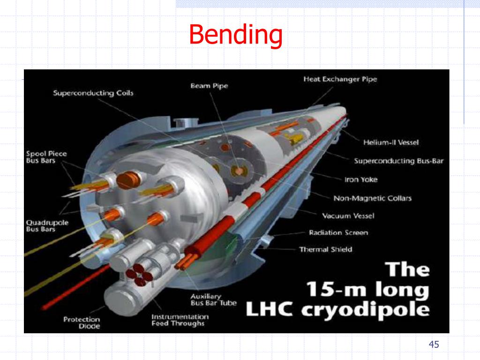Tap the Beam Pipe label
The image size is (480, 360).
pos(209,86)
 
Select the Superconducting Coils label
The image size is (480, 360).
pos(93,93)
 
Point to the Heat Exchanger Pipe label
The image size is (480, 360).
pos(340,79)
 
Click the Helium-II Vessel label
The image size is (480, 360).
pos(391,142)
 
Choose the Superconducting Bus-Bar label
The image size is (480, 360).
pos(398,161)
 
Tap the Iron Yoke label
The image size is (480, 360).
pos(360,180)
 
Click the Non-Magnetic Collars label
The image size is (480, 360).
pos(372,198)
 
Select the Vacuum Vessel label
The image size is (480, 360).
pos(348,216)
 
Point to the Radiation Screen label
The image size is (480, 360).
pos(338,233)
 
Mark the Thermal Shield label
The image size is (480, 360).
pos(325,249)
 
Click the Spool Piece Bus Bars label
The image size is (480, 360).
pos(46,157)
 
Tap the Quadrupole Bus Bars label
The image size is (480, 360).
pos(47,226)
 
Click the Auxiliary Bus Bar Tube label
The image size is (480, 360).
pos(213,300)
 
